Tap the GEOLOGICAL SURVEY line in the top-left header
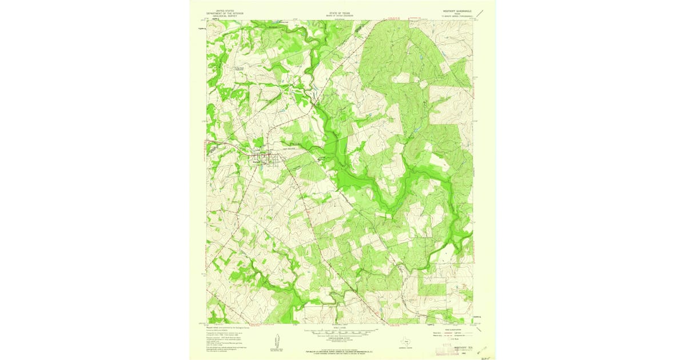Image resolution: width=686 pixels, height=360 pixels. tap(225, 17)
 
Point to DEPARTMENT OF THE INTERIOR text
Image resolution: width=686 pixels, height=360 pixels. tap(225, 14)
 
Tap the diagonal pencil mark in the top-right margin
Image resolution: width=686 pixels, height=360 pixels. tap(484, 10)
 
